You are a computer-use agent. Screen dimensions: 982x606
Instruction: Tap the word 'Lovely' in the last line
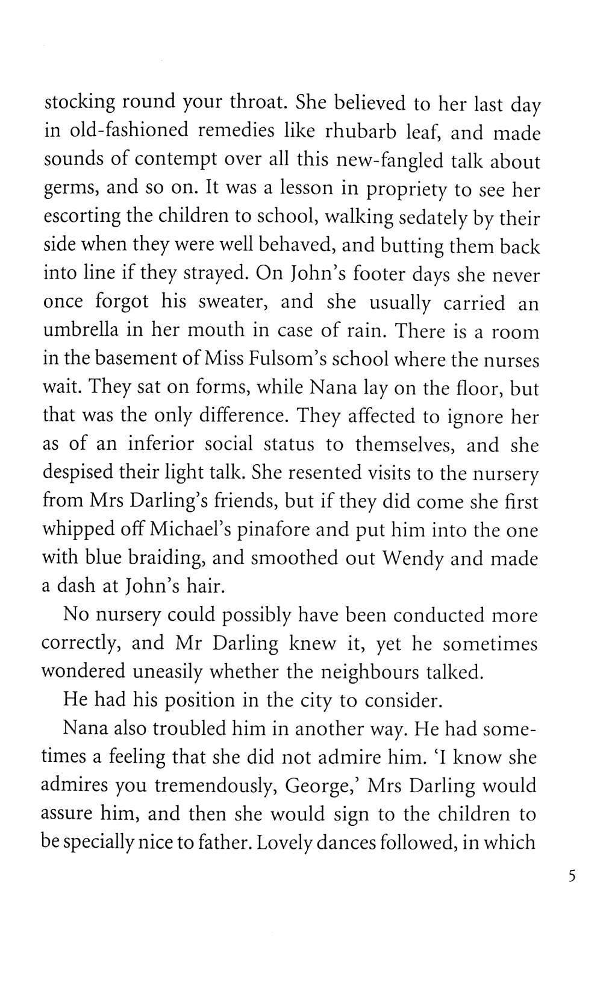pyautogui.click(x=284, y=842)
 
